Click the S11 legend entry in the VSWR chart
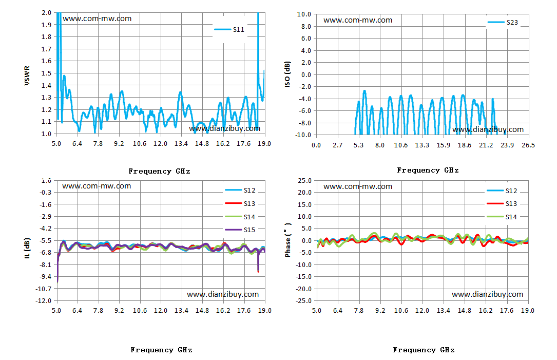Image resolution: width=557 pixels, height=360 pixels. coord(229,29)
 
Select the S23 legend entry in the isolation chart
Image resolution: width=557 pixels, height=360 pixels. coord(503,23)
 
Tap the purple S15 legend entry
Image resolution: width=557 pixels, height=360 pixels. coord(240,230)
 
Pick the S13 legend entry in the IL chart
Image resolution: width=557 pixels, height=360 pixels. coord(240,204)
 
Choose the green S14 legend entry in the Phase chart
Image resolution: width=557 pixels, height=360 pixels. coord(502,217)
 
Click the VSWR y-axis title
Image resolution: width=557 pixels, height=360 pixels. coord(27,75)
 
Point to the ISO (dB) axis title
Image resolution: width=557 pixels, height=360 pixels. coord(287,74)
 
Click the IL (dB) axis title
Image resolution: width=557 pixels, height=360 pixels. coord(27,248)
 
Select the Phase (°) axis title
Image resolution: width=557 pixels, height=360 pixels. coord(288,240)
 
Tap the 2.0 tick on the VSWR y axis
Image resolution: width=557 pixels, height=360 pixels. coord(47,13)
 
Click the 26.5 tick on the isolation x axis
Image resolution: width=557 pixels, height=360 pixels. coord(528,145)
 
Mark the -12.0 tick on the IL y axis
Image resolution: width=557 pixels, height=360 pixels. coord(43,300)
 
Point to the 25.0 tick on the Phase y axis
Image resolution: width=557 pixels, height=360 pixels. coord(305,181)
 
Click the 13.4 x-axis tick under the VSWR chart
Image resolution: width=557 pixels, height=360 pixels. coord(181,144)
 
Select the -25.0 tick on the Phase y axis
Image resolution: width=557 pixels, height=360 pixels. coord(304,300)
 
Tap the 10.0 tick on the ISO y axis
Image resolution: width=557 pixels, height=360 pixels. coord(304,14)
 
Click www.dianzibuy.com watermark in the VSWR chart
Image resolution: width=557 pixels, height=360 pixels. coord(224,129)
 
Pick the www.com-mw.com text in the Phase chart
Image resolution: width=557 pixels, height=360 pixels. coord(358,186)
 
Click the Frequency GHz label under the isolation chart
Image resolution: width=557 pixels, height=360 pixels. coord(428,170)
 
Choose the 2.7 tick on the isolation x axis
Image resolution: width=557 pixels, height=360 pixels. coord(337,145)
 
